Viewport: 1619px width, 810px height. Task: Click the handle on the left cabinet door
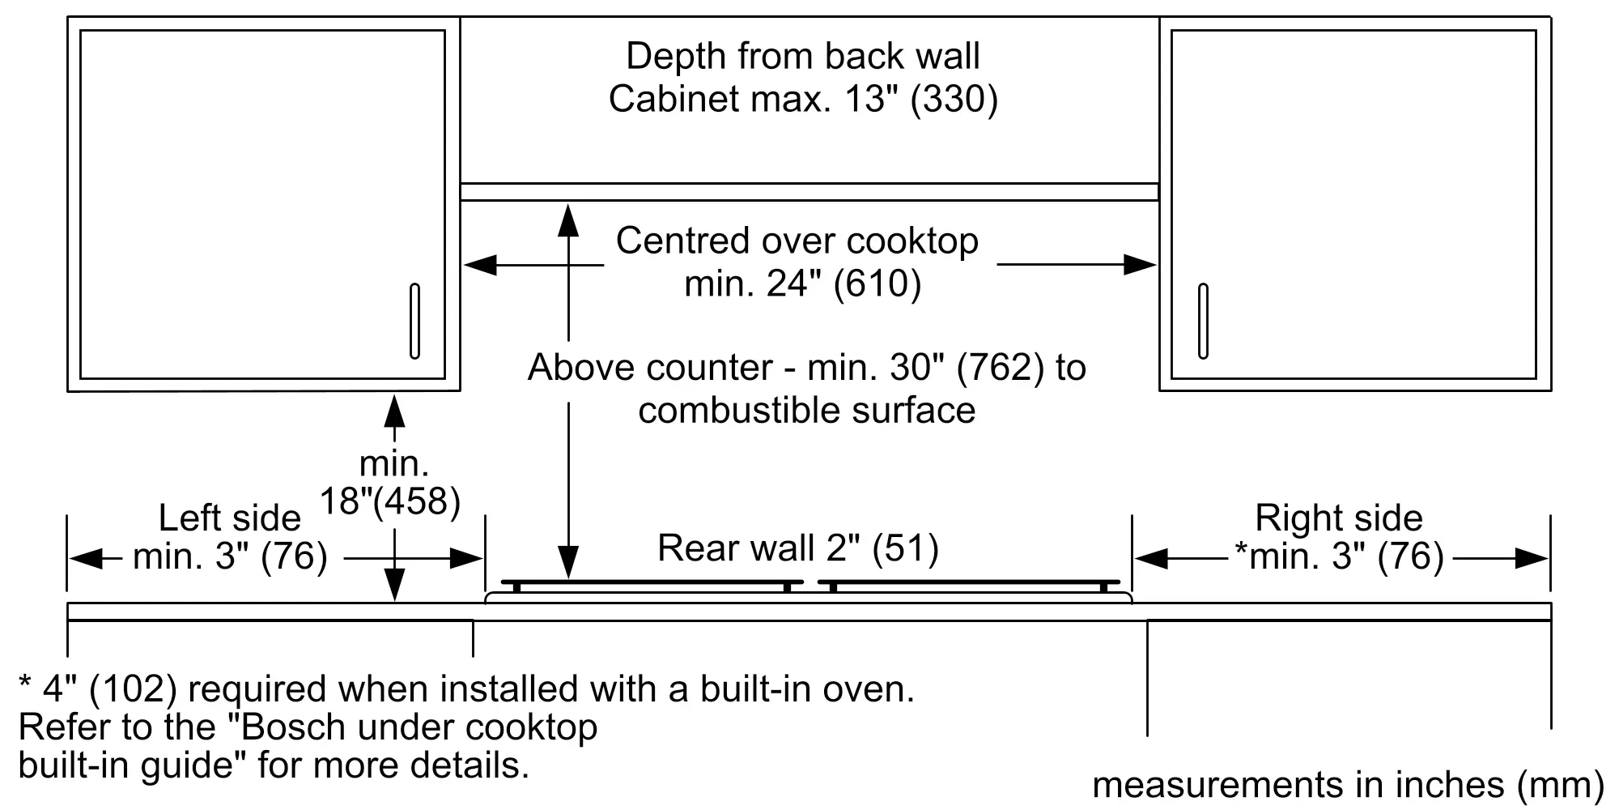coord(414,321)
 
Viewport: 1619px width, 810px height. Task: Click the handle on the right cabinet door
coord(1203,321)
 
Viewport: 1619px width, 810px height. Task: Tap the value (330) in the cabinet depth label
coord(954,99)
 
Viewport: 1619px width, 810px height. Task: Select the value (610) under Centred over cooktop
coord(877,284)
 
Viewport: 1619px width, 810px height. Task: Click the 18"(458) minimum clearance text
coord(390,501)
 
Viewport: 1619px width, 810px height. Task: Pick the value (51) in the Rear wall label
coord(905,549)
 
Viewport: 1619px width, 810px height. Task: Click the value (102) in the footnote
coord(133,689)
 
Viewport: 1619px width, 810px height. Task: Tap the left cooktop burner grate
coord(652,582)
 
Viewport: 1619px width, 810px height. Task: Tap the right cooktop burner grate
coord(969,582)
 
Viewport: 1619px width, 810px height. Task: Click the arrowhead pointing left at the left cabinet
coord(480,265)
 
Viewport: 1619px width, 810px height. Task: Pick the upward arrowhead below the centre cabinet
coord(569,220)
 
